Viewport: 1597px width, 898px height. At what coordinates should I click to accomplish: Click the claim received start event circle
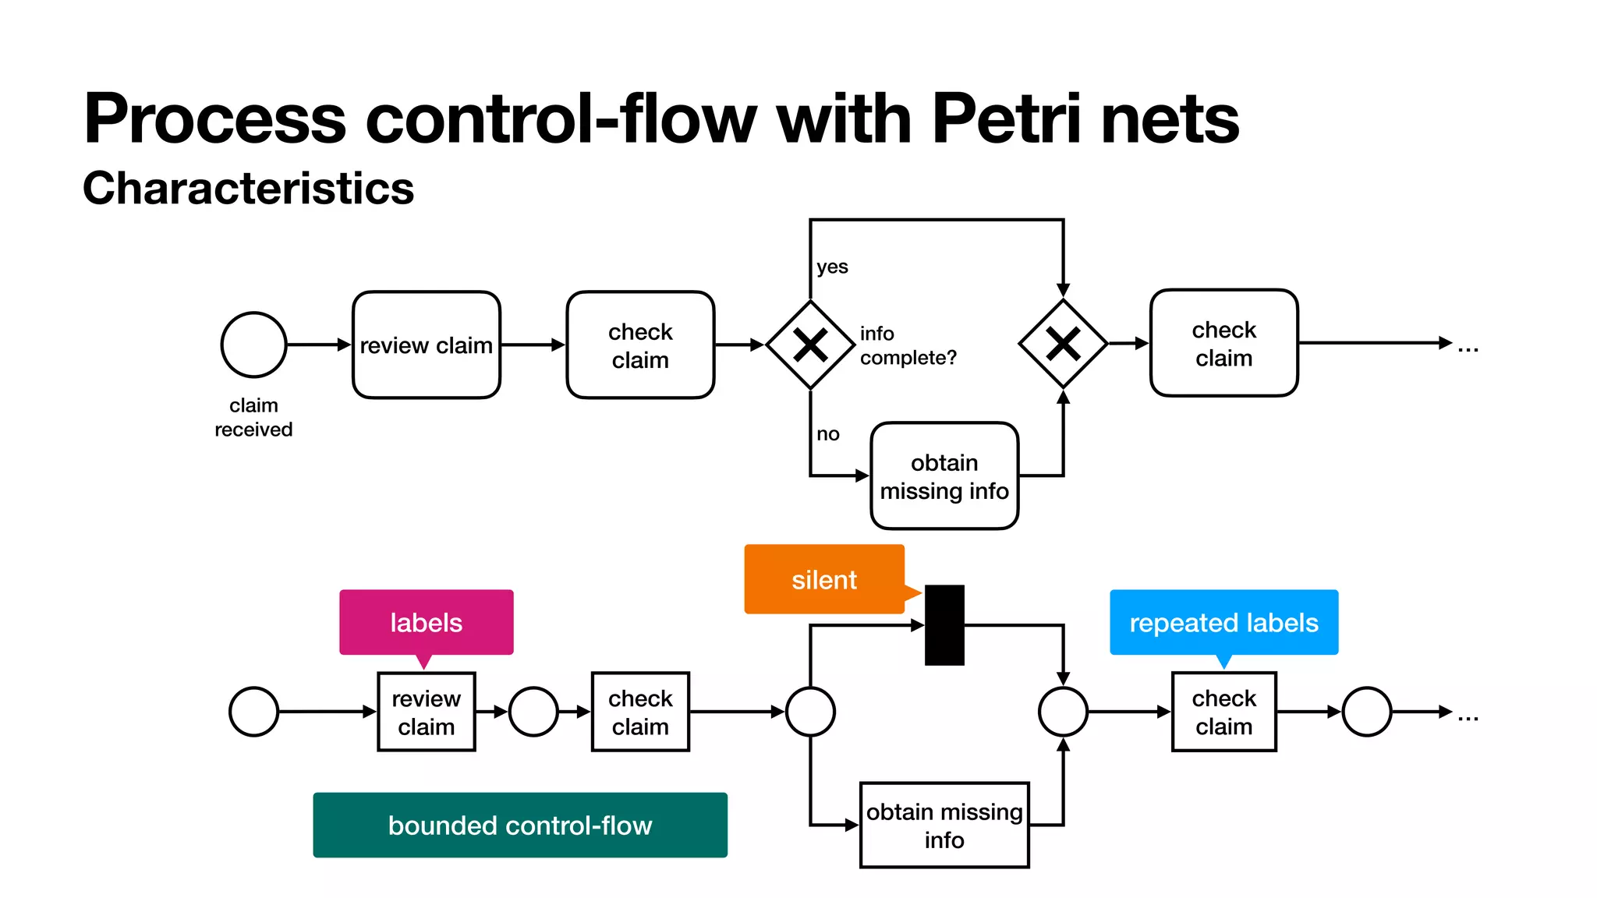[253, 345]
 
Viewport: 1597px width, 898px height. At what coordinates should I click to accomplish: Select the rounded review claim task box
[426, 345]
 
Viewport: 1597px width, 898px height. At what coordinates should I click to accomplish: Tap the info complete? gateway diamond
[810, 345]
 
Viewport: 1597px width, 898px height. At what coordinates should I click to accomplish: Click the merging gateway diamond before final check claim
[1063, 344]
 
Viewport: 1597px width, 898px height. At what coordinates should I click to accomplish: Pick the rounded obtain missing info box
[944, 476]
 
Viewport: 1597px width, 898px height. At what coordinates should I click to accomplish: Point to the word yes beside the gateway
[832, 267]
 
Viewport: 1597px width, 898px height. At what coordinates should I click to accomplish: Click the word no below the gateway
[827, 434]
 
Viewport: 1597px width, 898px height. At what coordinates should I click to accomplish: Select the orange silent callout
[824, 579]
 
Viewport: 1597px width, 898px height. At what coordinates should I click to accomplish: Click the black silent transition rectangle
[944, 625]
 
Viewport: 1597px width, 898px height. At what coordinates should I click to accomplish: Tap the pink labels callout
[426, 622]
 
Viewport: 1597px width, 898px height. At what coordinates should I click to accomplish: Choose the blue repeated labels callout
[1223, 622]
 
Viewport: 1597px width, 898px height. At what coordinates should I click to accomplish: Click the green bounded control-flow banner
[520, 825]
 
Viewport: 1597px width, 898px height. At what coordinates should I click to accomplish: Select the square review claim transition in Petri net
[426, 712]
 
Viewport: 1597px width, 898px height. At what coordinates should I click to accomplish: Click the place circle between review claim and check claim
[533, 712]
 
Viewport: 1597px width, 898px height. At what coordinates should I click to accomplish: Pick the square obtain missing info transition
[944, 825]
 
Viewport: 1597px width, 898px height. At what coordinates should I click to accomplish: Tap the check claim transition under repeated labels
[1223, 712]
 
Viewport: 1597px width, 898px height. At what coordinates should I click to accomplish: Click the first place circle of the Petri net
[253, 712]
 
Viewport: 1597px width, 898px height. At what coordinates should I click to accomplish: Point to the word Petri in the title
[1006, 118]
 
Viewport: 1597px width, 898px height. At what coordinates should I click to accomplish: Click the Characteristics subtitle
[248, 189]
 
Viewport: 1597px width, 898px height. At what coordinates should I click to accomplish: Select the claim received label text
[253, 417]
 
